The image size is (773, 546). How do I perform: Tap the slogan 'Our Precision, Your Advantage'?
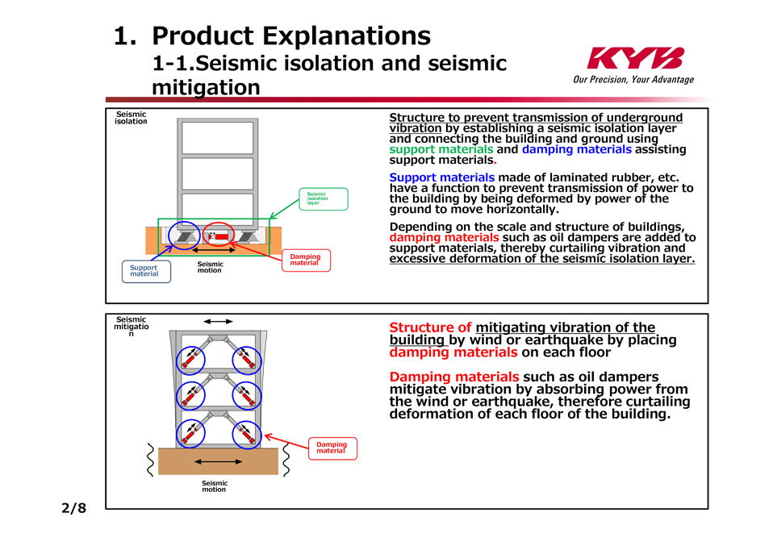[633, 80]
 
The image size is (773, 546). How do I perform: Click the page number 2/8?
[73, 508]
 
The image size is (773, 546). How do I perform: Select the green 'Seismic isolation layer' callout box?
[323, 198]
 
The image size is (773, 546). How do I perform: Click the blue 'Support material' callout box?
[144, 271]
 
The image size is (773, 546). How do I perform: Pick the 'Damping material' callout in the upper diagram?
[305, 260]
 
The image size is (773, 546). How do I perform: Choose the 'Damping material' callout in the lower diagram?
[332, 448]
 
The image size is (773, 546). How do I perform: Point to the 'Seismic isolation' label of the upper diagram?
[132, 118]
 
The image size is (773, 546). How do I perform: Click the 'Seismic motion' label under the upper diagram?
[210, 267]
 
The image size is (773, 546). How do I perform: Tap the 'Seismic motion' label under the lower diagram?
[214, 486]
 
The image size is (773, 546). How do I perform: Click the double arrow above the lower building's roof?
[218, 321]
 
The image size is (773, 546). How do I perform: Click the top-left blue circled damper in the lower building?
[191, 360]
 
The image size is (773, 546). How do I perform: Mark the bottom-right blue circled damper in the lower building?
[247, 434]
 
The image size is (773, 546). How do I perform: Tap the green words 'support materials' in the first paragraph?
[441, 149]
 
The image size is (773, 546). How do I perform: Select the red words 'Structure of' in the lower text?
[430, 327]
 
